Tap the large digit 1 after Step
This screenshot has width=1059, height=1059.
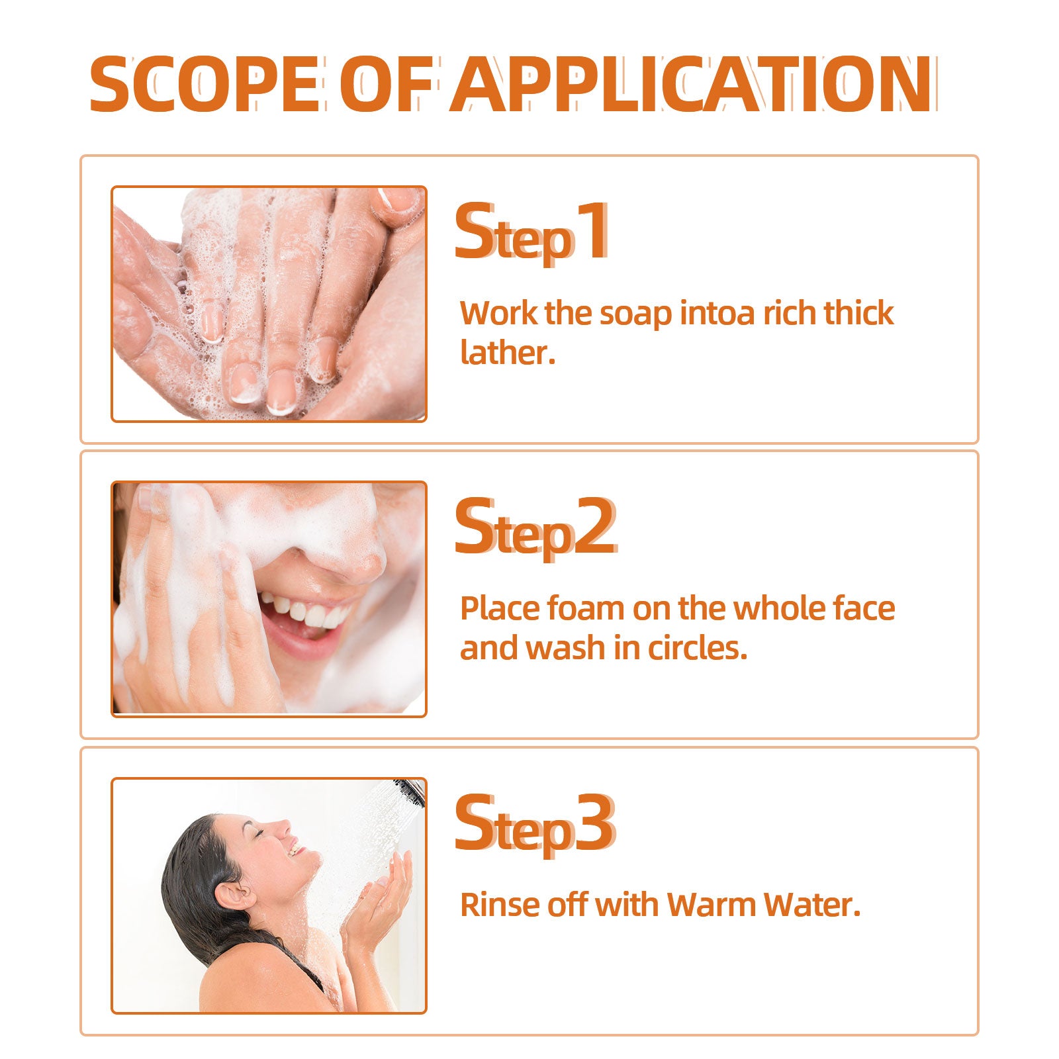pyautogui.click(x=592, y=231)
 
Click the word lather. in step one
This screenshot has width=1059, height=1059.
pyautogui.click(x=507, y=352)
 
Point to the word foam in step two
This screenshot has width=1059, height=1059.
pyautogui.click(x=585, y=608)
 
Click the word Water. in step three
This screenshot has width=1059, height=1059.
pyautogui.click(x=811, y=905)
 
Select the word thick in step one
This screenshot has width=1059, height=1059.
pyautogui.click(x=858, y=313)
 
